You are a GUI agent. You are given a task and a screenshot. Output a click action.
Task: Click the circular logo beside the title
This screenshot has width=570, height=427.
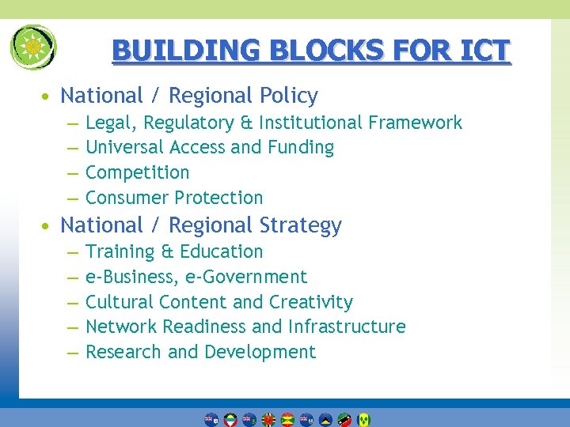pyautogui.click(x=33, y=47)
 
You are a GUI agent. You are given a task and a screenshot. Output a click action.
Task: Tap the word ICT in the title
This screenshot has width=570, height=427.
pyautogui.click(x=482, y=51)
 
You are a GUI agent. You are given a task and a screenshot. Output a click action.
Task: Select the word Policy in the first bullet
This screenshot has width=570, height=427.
pyautogui.click(x=289, y=96)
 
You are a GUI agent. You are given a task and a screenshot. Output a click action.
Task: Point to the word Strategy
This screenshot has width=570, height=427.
pyautogui.click(x=303, y=225)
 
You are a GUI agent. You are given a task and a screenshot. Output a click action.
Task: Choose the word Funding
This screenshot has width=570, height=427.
pyautogui.click(x=301, y=148)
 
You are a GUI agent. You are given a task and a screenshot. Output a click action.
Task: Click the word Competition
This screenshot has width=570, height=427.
pyautogui.click(x=137, y=172)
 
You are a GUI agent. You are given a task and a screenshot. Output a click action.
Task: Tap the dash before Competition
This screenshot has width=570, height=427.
pyautogui.click(x=72, y=173)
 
